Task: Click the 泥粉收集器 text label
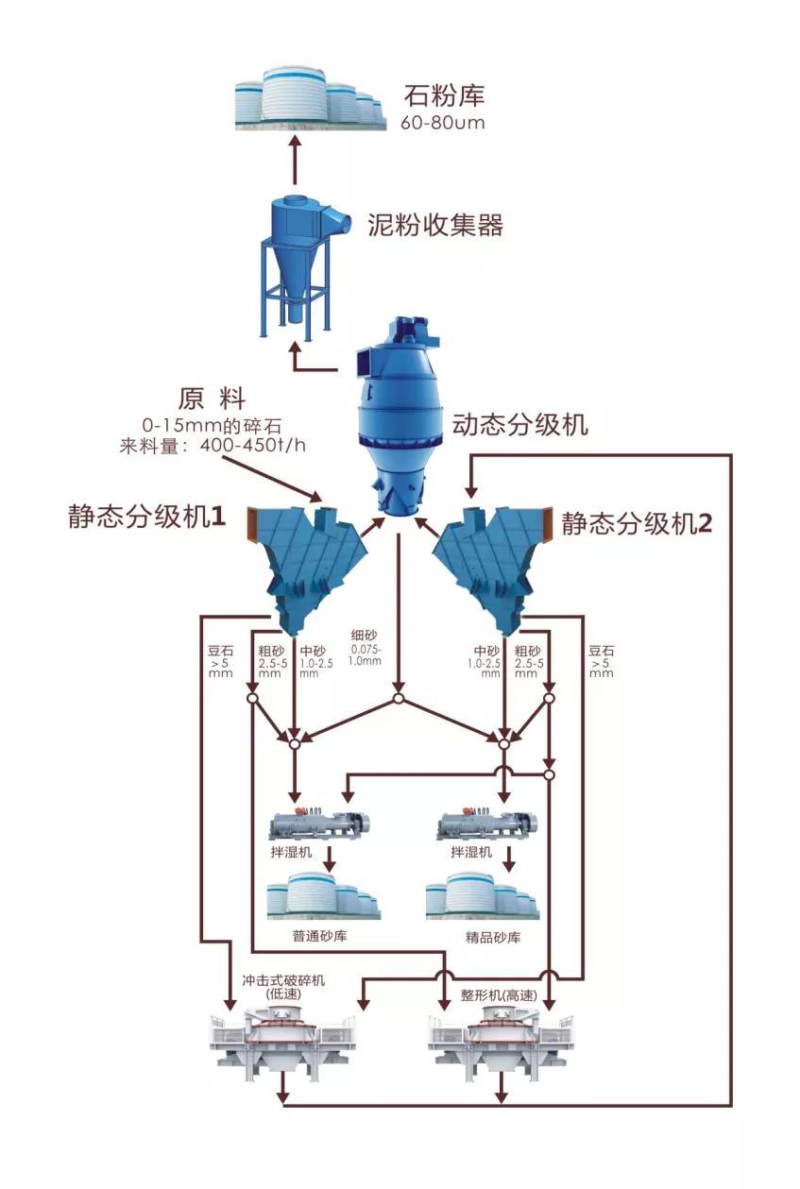click(x=434, y=225)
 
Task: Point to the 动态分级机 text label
click(x=519, y=424)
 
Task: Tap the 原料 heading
click(x=211, y=397)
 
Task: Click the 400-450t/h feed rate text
click(x=248, y=446)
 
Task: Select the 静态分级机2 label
click(x=637, y=524)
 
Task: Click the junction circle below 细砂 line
click(x=399, y=700)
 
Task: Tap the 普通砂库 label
click(x=322, y=938)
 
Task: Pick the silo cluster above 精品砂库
click(x=482, y=896)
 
